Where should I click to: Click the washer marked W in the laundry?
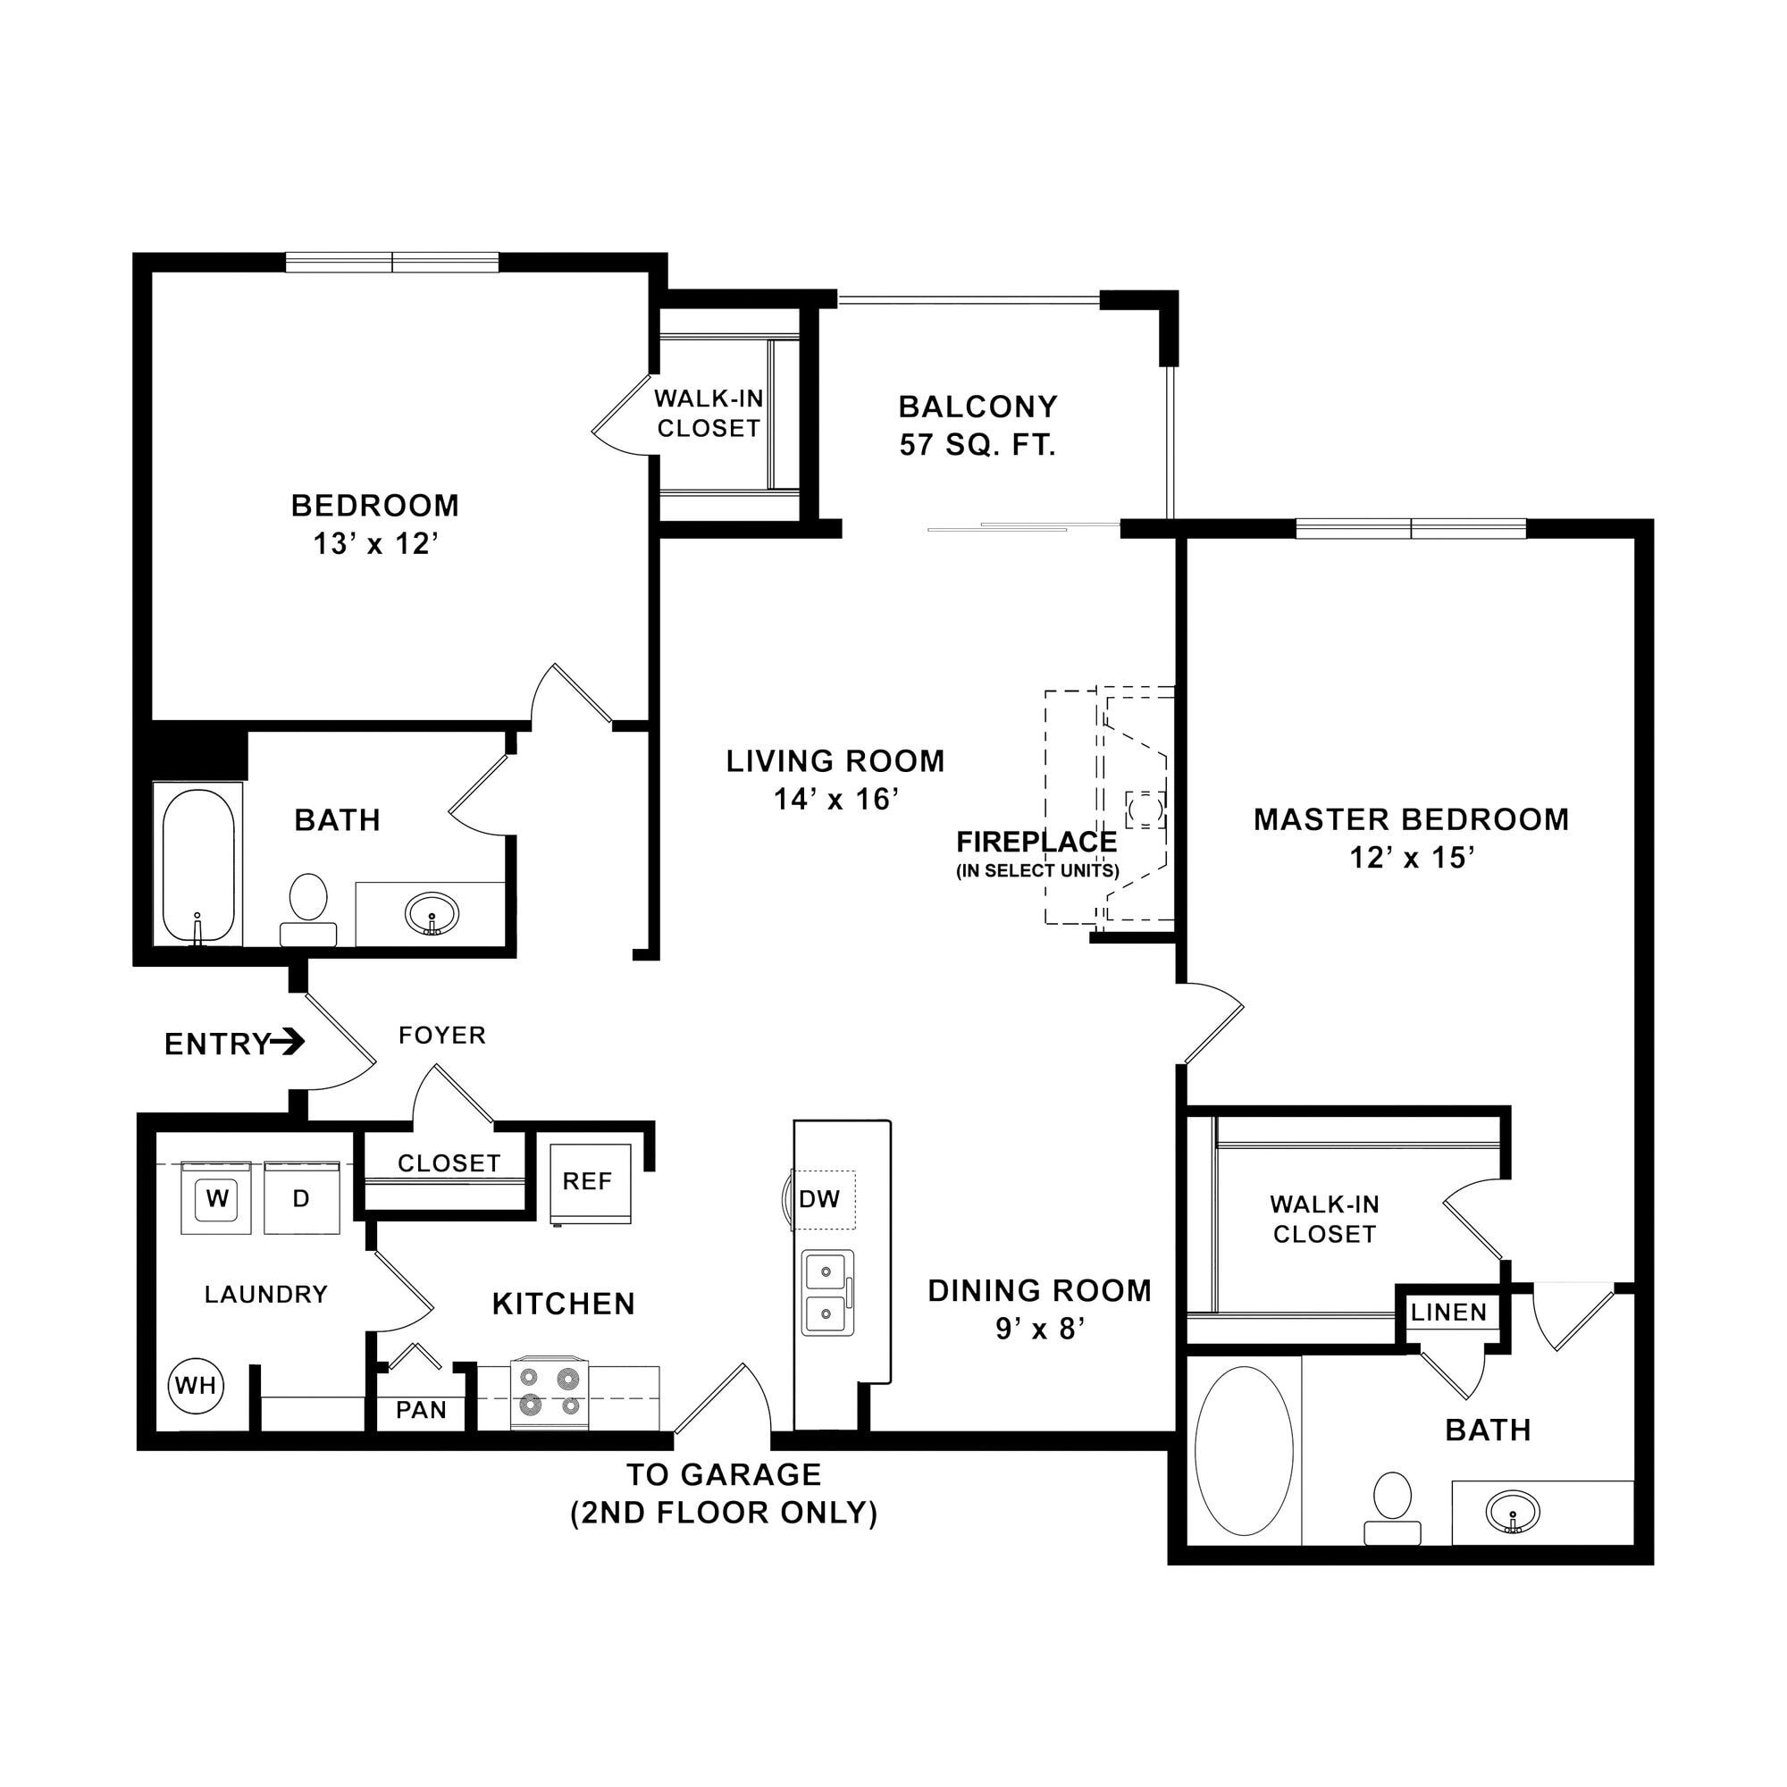216,1198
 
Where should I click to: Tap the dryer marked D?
301,1198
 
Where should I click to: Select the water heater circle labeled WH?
196,1385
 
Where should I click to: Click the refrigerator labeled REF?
590,1184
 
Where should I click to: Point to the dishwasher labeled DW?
821,1200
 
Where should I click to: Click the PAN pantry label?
422,1410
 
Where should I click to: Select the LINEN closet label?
1449,1312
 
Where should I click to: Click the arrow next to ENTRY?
288,1043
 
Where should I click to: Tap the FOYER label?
442,1034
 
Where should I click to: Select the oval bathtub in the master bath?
1244,1452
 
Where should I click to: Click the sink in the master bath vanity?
1514,1513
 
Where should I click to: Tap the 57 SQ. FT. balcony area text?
977,445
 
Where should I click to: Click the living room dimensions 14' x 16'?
836,798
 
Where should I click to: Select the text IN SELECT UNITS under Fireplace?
1037,871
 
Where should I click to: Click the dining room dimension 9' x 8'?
1040,1329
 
